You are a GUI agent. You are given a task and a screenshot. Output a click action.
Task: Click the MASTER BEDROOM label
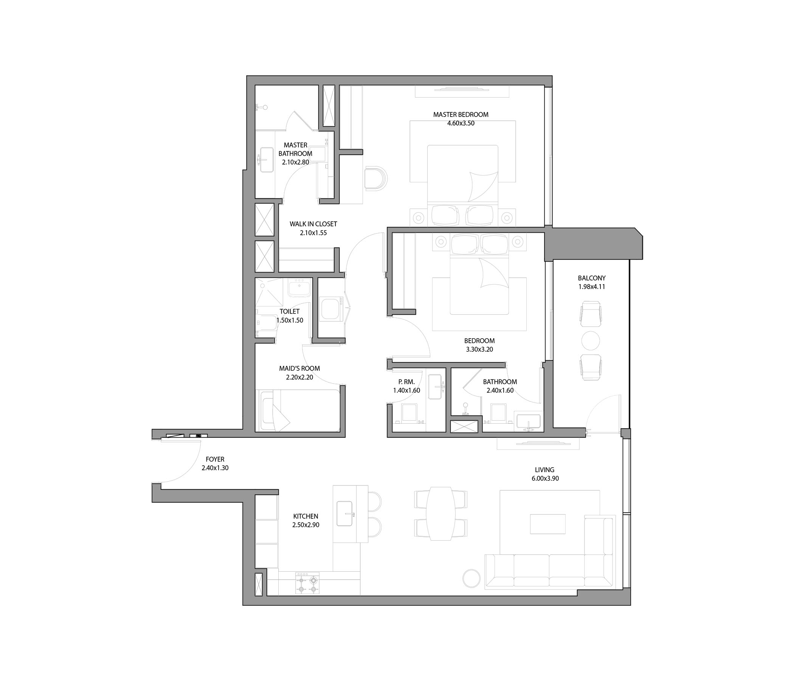point(461,114)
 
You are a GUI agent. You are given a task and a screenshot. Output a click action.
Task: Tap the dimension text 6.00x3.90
point(544,479)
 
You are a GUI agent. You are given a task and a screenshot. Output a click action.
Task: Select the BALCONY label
point(592,278)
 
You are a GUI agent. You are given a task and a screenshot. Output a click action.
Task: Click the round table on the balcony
point(591,340)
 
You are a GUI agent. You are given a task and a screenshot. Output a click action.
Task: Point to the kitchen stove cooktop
point(307,583)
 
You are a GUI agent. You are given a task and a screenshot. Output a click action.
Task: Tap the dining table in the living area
point(441,513)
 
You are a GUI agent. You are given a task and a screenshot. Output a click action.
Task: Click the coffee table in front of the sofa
point(547,524)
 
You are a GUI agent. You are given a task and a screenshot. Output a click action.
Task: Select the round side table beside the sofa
point(471,578)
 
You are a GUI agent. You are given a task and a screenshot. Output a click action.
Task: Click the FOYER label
point(215,459)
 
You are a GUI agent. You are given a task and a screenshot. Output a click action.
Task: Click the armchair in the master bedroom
point(376,178)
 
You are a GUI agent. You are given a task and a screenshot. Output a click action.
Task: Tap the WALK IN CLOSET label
point(313,224)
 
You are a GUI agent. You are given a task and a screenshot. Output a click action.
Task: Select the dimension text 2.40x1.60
point(500,390)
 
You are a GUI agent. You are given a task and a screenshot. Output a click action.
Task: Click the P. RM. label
point(406,382)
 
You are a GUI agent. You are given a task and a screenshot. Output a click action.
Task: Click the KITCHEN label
point(306,516)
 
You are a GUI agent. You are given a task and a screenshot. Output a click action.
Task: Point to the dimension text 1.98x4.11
point(592,287)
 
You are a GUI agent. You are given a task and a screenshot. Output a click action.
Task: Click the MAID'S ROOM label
point(299,368)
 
